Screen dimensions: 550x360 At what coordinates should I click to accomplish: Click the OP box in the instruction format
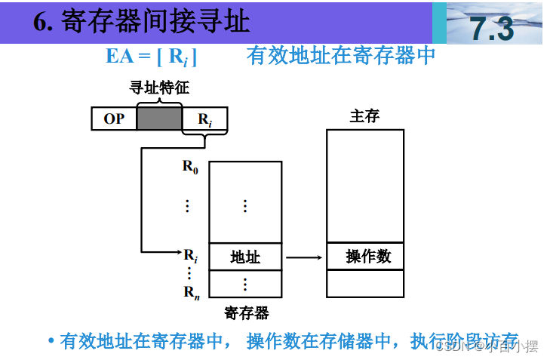pos(114,118)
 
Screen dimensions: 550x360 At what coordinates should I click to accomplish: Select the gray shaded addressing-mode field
pos(159,118)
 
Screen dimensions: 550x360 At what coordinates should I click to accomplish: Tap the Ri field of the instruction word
pos(204,118)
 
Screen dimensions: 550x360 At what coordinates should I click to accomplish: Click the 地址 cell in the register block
pos(245,257)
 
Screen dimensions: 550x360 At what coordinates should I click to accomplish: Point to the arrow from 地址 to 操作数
pos(304,257)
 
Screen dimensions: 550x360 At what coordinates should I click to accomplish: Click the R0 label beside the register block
pos(190,167)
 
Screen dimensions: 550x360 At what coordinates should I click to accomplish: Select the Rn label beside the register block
pos(192,292)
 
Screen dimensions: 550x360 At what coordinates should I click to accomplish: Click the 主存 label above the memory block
pos(364,115)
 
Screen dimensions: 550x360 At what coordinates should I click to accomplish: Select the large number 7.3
pos(491,29)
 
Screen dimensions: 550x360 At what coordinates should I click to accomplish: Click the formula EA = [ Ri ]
pos(151,57)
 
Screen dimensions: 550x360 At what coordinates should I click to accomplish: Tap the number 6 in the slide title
pos(40,21)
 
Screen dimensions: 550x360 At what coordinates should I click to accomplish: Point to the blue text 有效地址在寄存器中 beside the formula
pos(341,55)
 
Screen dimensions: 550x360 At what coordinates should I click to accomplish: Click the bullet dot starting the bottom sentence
pos(51,340)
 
